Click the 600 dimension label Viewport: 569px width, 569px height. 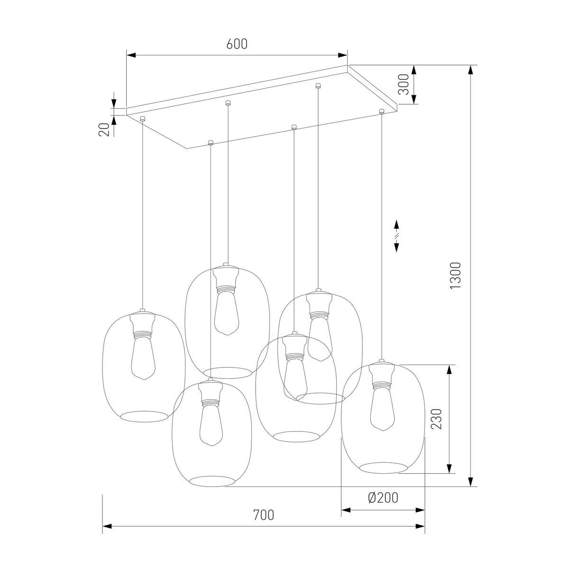237,44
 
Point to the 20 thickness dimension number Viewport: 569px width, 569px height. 104,129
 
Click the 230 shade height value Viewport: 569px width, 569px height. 437,419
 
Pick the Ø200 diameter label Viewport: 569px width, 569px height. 383,497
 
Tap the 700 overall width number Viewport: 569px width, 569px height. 264,514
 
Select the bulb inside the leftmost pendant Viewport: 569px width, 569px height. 144,358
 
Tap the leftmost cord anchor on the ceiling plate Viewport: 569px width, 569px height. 142,118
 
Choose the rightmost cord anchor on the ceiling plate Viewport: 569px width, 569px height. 381,111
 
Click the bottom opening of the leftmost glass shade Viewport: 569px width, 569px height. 144,416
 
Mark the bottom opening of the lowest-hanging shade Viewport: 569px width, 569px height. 211,481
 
